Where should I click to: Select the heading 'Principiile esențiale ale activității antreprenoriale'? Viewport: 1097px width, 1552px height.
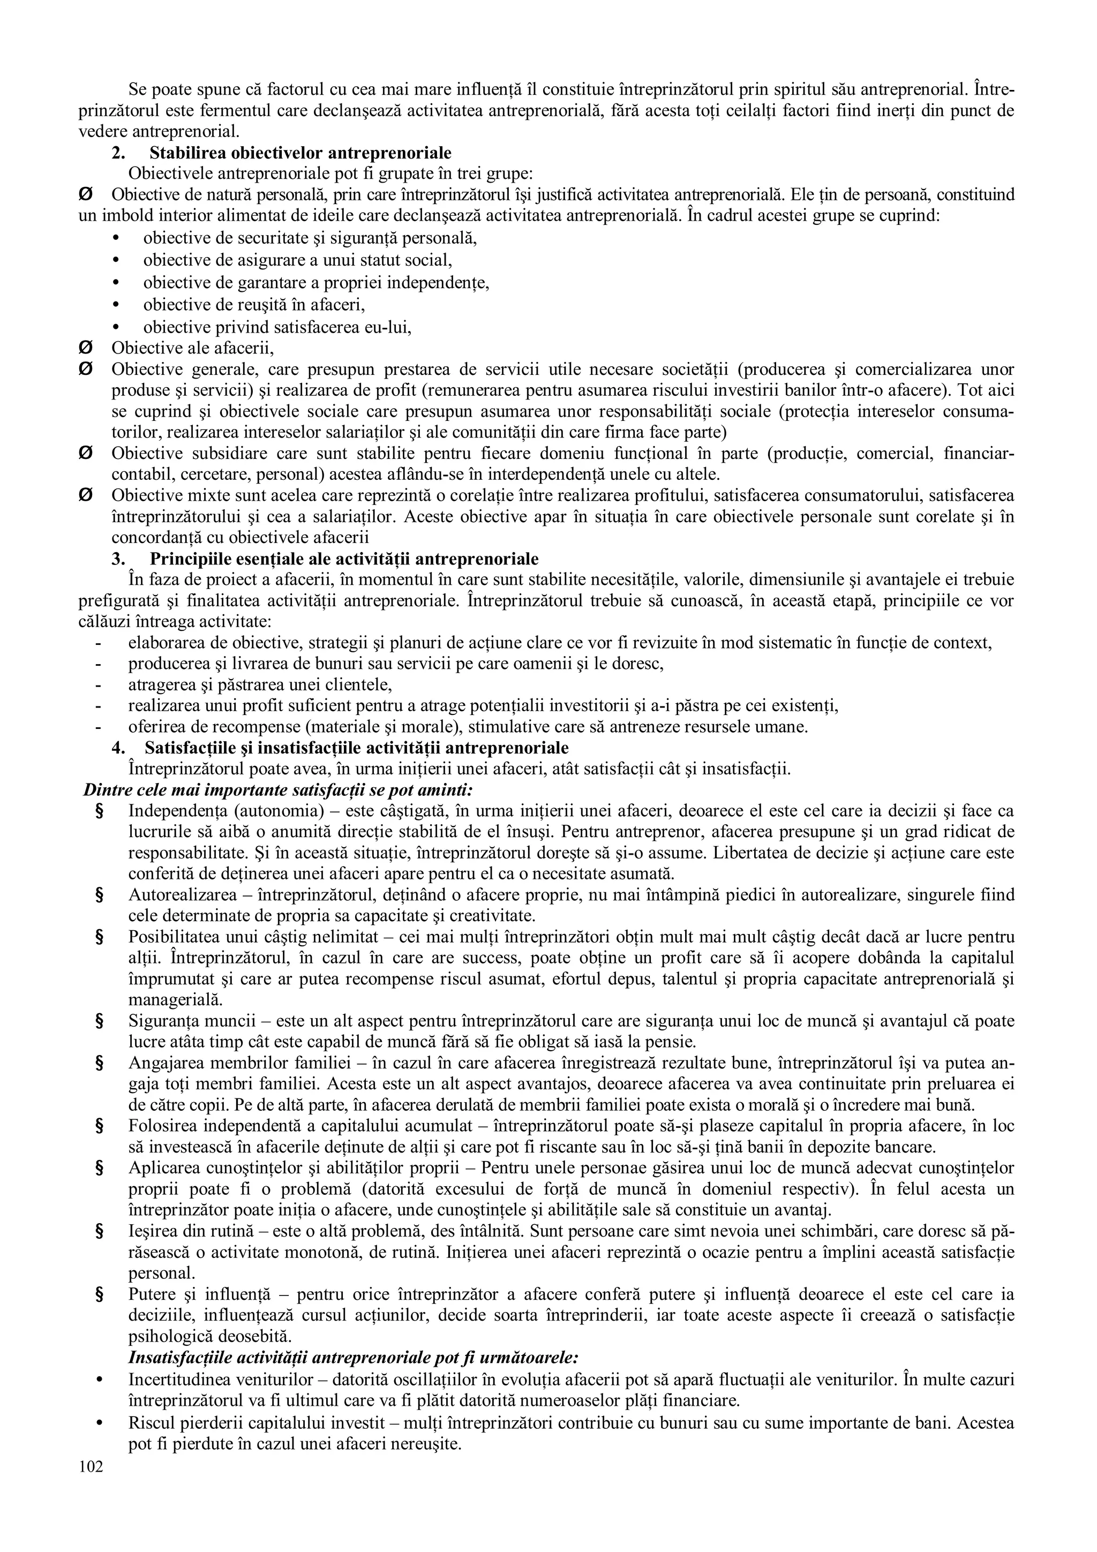[x=343, y=559]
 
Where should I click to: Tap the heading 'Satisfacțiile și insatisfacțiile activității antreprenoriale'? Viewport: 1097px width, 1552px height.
[x=356, y=748]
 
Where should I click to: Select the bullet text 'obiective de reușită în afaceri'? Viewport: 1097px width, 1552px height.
[x=253, y=305]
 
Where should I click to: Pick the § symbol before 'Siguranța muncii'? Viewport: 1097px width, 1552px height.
[x=99, y=1021]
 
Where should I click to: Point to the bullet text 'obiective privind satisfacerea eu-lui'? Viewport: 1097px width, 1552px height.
[x=277, y=327]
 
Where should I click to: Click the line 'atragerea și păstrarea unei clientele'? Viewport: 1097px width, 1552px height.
[x=260, y=685]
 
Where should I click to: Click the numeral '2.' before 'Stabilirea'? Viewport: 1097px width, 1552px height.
[x=119, y=153]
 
